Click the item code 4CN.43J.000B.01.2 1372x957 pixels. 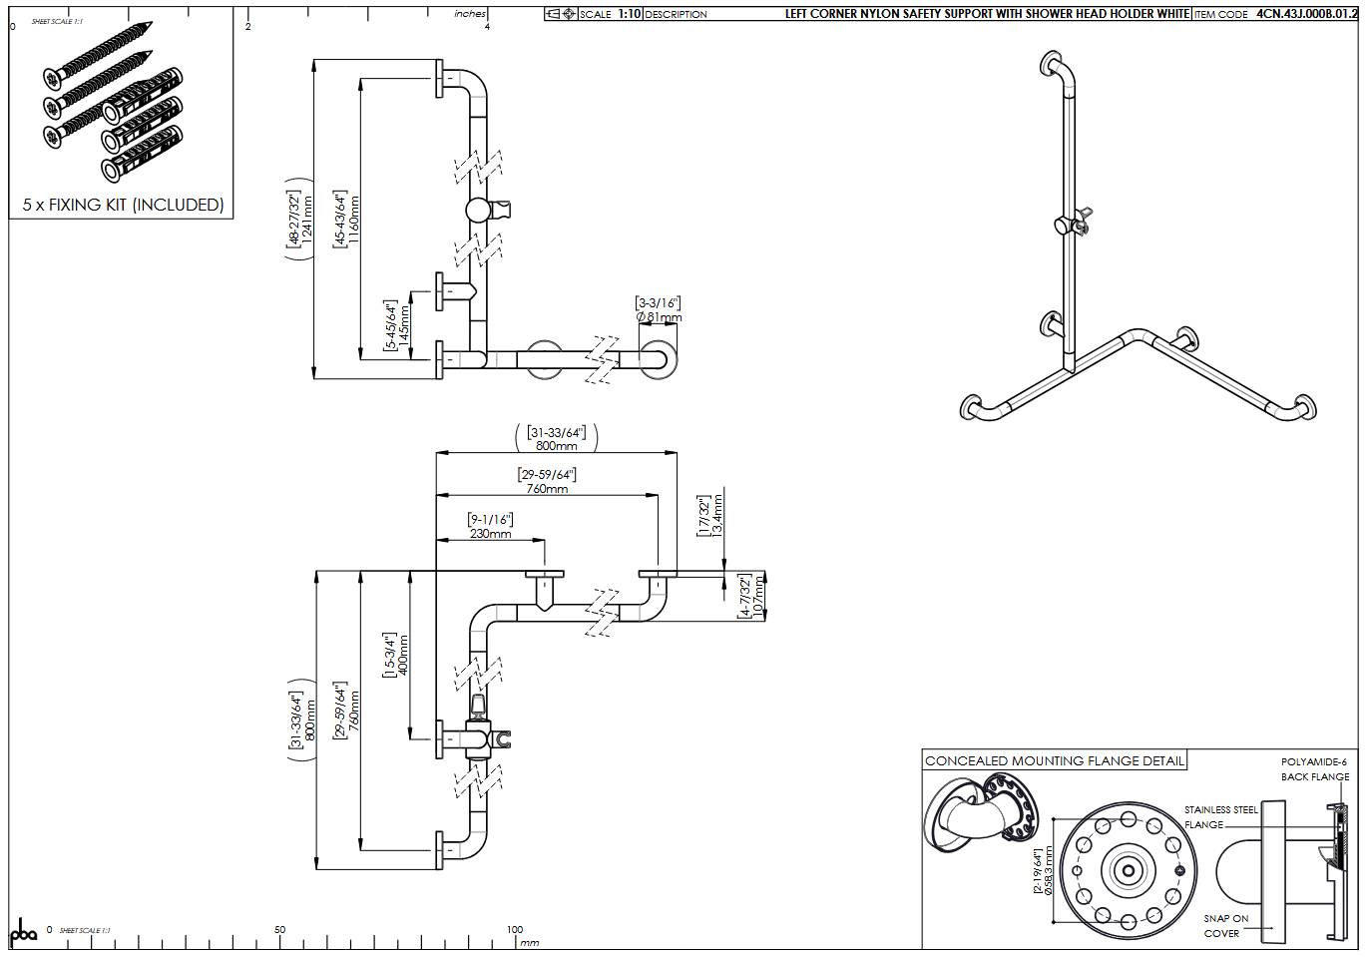(1306, 14)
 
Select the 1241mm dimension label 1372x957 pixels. (307, 220)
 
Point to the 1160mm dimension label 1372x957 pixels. (355, 219)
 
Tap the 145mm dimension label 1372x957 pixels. (404, 324)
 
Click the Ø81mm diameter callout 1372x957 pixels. (659, 317)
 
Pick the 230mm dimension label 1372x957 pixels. (490, 534)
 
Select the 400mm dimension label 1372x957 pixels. (403, 654)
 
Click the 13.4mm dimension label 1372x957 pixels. (716, 517)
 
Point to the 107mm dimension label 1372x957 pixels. (757, 597)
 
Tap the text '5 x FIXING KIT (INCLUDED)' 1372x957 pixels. (123, 205)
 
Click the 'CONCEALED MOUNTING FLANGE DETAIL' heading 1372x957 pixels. (1055, 760)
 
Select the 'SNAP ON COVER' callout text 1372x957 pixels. (1225, 925)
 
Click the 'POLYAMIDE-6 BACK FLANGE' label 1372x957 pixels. (1314, 769)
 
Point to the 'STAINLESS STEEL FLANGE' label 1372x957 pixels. (1220, 817)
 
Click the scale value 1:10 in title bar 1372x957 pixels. (629, 14)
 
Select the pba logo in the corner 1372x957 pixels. (23, 933)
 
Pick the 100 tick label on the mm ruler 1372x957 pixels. (514, 929)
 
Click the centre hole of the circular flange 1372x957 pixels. (1128, 870)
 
